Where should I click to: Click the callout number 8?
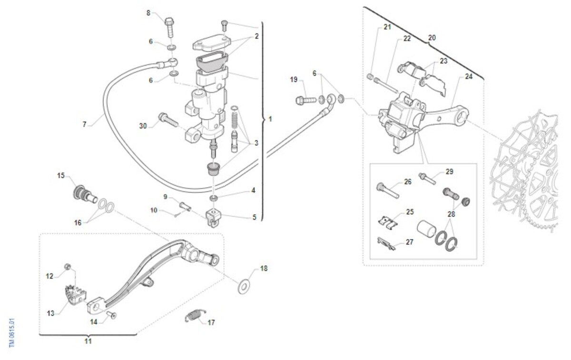tap(148, 13)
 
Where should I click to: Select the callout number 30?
tap(143, 126)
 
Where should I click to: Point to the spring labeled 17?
tap(194, 316)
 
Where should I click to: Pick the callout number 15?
tap(61, 176)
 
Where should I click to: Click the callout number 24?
tap(469, 76)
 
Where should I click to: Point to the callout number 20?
tap(432, 37)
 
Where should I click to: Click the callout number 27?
tap(410, 242)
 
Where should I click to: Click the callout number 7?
tap(85, 125)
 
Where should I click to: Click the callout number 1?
tap(270, 119)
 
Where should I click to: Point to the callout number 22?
tap(407, 39)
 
